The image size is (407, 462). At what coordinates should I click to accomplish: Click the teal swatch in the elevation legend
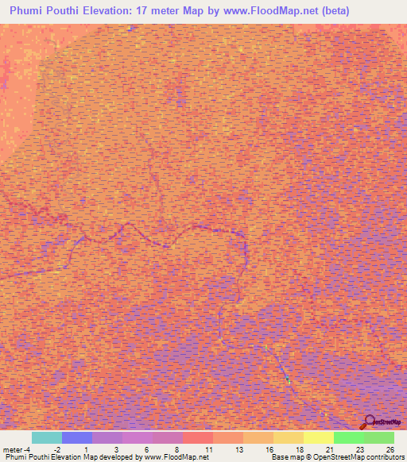tap(47, 437)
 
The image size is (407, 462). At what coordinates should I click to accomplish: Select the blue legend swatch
tap(77, 437)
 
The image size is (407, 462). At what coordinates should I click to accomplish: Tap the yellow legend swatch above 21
tap(319, 437)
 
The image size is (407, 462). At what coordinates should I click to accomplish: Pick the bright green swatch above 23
tap(349, 437)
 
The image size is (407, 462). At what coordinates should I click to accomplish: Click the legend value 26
tap(390, 449)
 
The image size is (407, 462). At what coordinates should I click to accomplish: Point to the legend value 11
tap(208, 449)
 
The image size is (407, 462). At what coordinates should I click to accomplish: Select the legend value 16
tap(269, 449)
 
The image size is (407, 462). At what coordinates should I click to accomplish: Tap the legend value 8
tap(178, 449)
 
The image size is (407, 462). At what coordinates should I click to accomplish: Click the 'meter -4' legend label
tap(17, 449)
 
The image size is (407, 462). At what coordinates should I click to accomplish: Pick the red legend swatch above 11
tap(198, 437)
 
